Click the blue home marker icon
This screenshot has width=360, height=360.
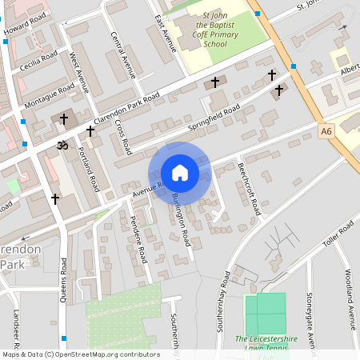pyautogui.click(x=180, y=173)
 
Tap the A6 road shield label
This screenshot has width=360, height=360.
pyautogui.click(x=326, y=130)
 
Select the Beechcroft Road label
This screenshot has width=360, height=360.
pyautogui.click(x=249, y=189)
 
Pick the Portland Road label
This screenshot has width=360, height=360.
pyautogui.click(x=89, y=168)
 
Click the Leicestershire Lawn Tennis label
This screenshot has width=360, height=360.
pyautogui.click(x=266, y=343)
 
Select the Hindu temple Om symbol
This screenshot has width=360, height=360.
pyautogui.click(x=59, y=146)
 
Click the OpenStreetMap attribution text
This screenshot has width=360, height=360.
pyautogui.click(x=80, y=354)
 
